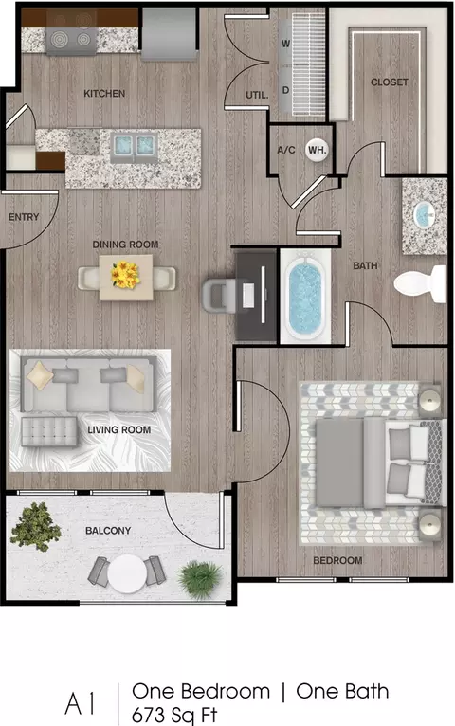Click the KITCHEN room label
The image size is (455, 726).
click(104, 94)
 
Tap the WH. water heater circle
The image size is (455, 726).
click(317, 150)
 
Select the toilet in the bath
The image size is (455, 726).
click(420, 283)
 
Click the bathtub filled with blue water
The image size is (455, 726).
click(305, 296)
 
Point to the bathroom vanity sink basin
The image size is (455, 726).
click(424, 215)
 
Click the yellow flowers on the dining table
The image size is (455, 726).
click(125, 275)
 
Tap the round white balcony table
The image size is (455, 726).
click(127, 574)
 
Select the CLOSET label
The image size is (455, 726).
click(390, 82)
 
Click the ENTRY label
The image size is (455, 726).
click(24, 217)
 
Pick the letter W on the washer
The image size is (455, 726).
click(286, 44)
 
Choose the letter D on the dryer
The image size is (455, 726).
click(285, 90)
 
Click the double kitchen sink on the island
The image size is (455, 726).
click(134, 146)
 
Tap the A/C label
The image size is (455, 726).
click(286, 150)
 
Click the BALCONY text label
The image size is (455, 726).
click(108, 531)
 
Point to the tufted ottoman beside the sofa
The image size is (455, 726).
click(49, 431)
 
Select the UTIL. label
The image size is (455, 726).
click(257, 96)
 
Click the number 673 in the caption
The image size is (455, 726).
click(148, 715)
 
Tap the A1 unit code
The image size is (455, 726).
click(81, 704)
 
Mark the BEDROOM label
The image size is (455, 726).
click(337, 561)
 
